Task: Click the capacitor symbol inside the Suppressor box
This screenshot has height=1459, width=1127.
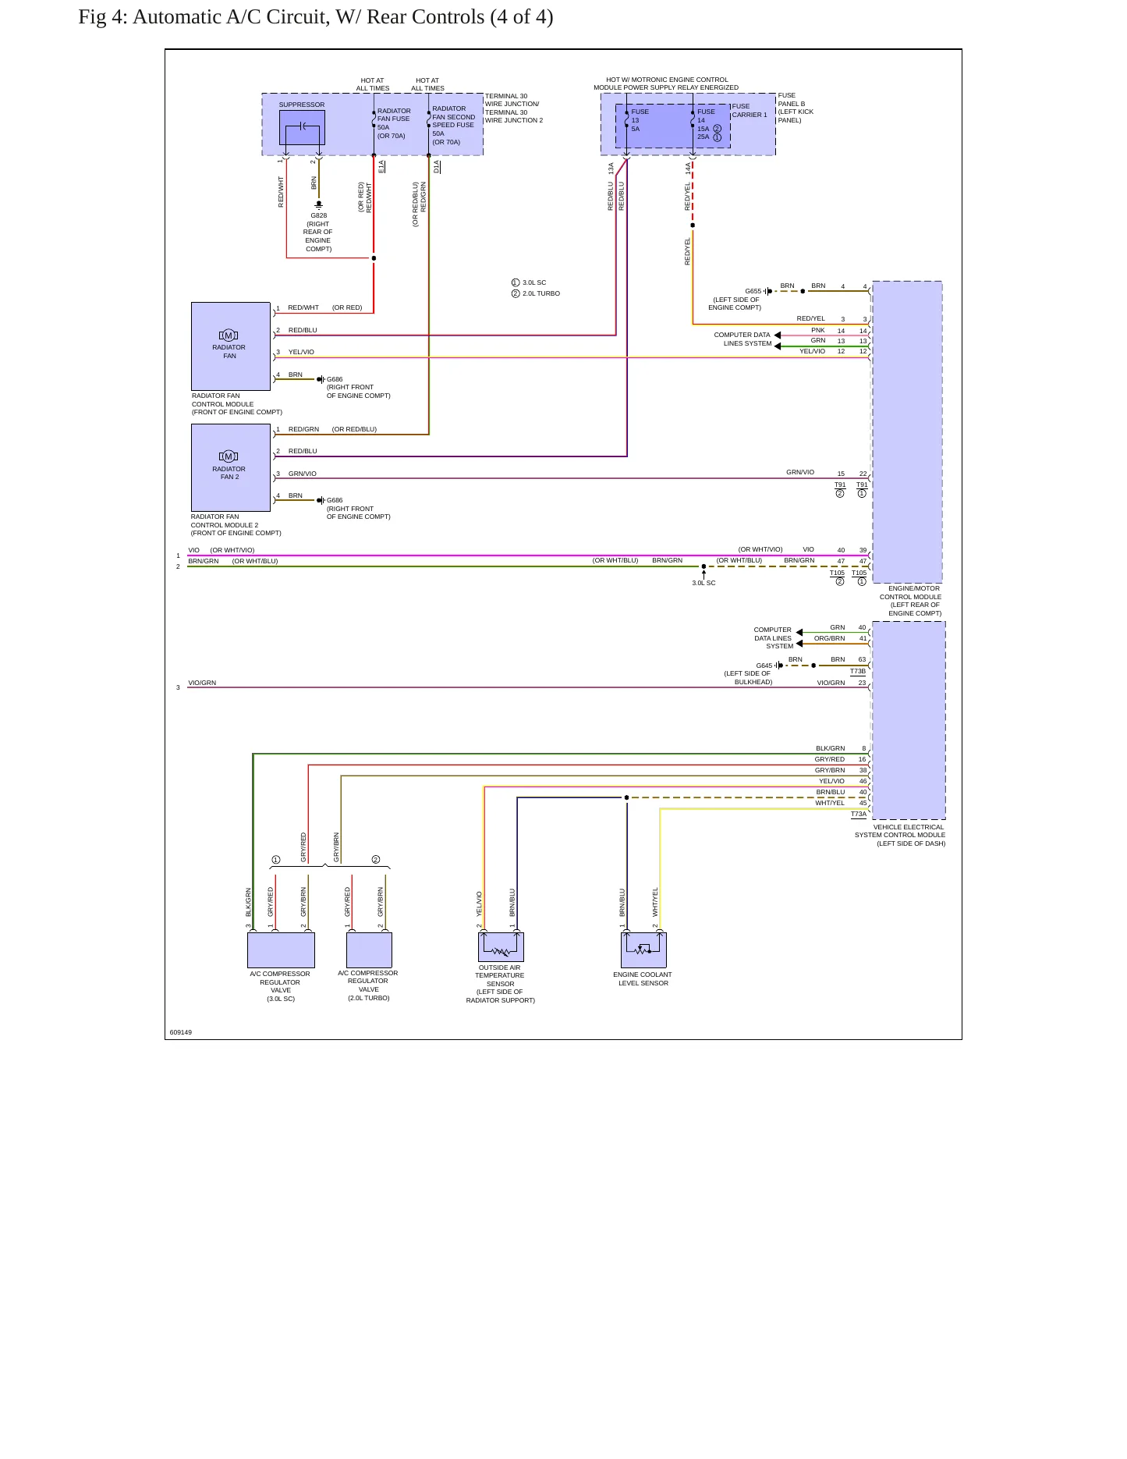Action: (x=302, y=127)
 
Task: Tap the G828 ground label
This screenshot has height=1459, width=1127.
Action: (x=319, y=215)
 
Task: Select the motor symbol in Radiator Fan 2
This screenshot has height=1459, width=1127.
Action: (x=229, y=456)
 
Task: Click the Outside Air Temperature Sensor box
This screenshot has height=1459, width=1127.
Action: (x=501, y=946)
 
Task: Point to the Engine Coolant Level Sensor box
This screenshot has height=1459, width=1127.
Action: (x=643, y=950)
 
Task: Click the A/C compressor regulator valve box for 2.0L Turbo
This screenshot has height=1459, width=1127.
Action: (x=369, y=950)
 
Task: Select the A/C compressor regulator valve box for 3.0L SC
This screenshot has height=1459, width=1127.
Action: (x=281, y=950)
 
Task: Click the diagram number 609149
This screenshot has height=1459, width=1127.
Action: (x=181, y=1032)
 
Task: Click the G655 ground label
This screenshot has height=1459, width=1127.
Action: (x=753, y=291)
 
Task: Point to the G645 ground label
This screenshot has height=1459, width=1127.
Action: (x=764, y=666)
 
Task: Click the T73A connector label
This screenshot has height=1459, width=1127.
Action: (x=858, y=814)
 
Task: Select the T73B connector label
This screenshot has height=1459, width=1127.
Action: (x=858, y=671)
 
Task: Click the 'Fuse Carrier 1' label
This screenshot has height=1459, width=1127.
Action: (x=750, y=111)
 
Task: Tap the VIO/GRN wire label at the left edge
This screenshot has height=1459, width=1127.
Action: (x=202, y=683)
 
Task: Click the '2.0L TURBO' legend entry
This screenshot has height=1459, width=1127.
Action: (x=541, y=293)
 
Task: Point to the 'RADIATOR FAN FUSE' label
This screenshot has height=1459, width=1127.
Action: (x=394, y=115)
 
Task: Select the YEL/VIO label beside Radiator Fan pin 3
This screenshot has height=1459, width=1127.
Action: (x=301, y=352)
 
